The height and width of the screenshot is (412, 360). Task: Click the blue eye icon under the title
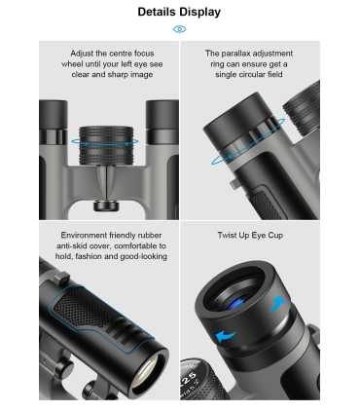[179, 29]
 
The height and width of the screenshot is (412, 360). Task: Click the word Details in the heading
[158, 12]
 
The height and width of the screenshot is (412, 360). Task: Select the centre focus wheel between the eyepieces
[106, 145]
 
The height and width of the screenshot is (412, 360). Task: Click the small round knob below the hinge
[106, 206]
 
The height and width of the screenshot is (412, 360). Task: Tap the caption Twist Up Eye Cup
[250, 235]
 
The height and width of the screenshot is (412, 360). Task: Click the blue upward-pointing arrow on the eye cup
[276, 304]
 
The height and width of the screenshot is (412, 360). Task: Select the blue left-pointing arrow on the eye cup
[226, 336]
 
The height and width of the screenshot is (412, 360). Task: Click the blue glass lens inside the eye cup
[238, 302]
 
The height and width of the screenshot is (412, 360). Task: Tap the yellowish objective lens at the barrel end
[148, 370]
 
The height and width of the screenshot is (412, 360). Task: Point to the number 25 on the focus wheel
[189, 378]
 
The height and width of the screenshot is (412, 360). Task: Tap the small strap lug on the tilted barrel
[234, 183]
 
